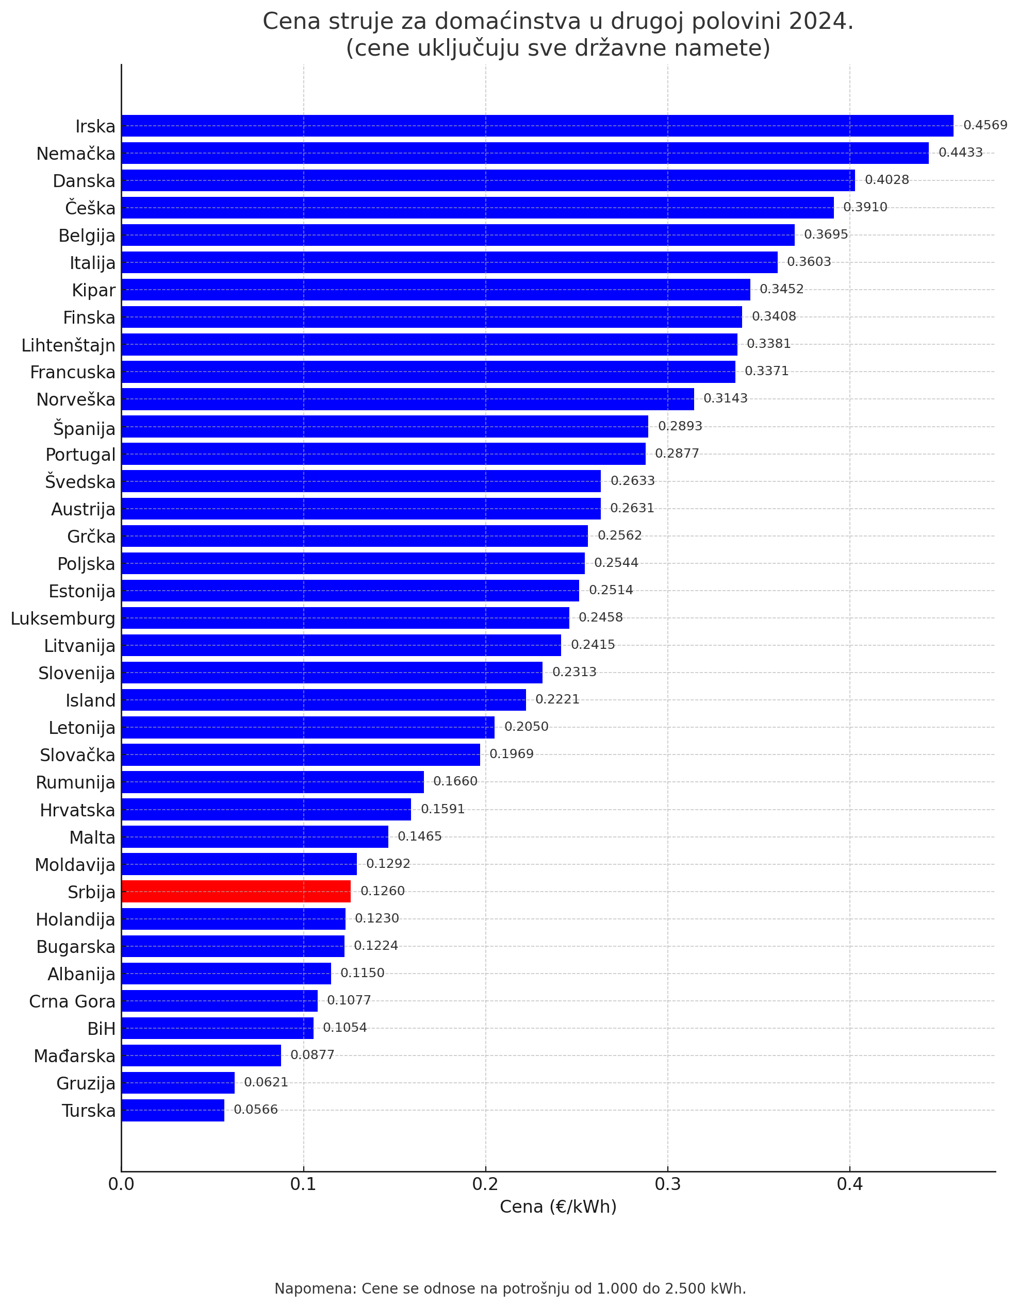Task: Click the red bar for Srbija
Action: tap(236, 891)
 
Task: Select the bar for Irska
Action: tap(537, 126)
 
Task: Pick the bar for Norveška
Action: tap(407, 399)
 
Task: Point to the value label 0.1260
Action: tap(383, 891)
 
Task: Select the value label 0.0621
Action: tap(266, 1083)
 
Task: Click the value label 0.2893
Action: tap(680, 426)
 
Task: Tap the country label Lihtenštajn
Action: tap(68, 345)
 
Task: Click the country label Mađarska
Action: tap(74, 1056)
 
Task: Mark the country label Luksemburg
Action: tap(63, 618)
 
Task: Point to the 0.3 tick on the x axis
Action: tap(667, 1184)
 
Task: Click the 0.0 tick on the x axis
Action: tap(121, 1184)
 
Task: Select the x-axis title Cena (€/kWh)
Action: tap(557, 1207)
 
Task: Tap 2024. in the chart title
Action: tap(821, 22)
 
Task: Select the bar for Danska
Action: tap(488, 180)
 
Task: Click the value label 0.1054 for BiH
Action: tap(344, 1028)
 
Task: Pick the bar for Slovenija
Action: tap(332, 673)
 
